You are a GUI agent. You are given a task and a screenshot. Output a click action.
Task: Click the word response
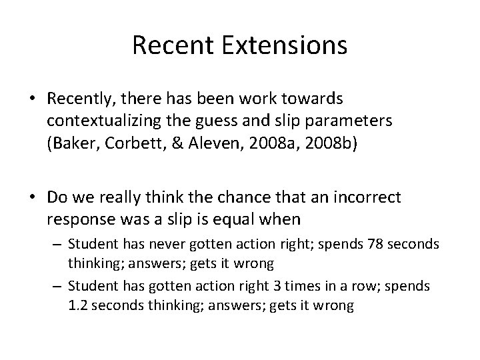77,218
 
